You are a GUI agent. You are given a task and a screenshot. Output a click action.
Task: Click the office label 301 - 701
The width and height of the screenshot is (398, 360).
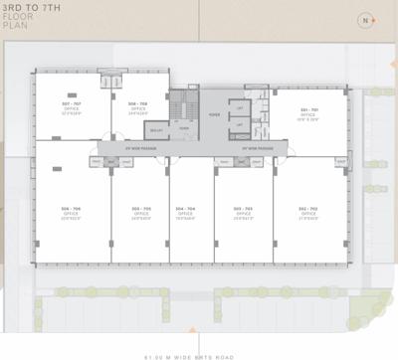[x=308, y=109]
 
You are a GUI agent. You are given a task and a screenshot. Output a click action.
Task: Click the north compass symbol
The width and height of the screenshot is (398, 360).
[x=367, y=19]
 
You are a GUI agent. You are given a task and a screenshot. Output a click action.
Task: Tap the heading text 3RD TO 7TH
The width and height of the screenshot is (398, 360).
[x=30, y=7]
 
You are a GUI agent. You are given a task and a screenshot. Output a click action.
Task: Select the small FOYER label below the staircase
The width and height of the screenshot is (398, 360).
[x=184, y=128]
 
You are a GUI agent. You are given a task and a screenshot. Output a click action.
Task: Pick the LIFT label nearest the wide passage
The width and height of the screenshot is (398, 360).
[x=241, y=124]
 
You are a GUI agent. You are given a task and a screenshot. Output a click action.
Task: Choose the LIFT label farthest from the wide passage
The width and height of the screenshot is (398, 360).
[x=241, y=106]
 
